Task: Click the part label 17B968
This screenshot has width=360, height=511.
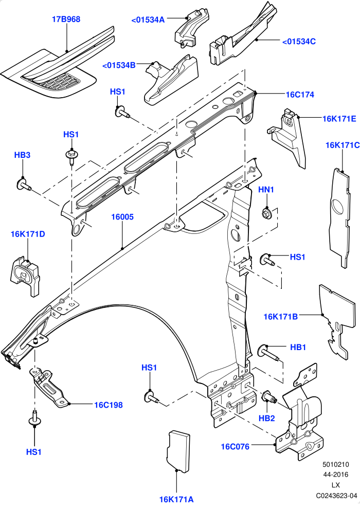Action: [x=66, y=19]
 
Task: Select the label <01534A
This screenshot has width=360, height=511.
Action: [x=148, y=20]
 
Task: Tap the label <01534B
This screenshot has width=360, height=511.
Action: [x=119, y=65]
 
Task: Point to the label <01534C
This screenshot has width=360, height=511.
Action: [x=299, y=42]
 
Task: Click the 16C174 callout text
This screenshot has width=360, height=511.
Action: [x=300, y=95]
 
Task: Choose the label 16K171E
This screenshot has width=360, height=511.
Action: [x=339, y=119]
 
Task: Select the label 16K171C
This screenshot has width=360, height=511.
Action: [x=343, y=145]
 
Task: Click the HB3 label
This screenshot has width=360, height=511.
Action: [x=23, y=155]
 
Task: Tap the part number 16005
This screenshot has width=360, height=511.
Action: [x=122, y=217]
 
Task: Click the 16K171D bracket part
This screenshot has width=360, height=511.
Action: [x=26, y=276]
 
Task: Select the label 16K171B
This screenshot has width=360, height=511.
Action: [x=280, y=317]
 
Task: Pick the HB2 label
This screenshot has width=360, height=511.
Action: [x=267, y=418]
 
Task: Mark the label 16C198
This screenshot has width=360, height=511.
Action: [x=109, y=405]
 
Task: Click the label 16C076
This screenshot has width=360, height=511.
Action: [x=235, y=446]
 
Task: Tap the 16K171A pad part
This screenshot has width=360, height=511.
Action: [x=178, y=451]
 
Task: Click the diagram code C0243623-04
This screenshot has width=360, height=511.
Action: [x=336, y=496]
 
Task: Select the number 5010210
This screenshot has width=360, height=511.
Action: [x=336, y=464]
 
